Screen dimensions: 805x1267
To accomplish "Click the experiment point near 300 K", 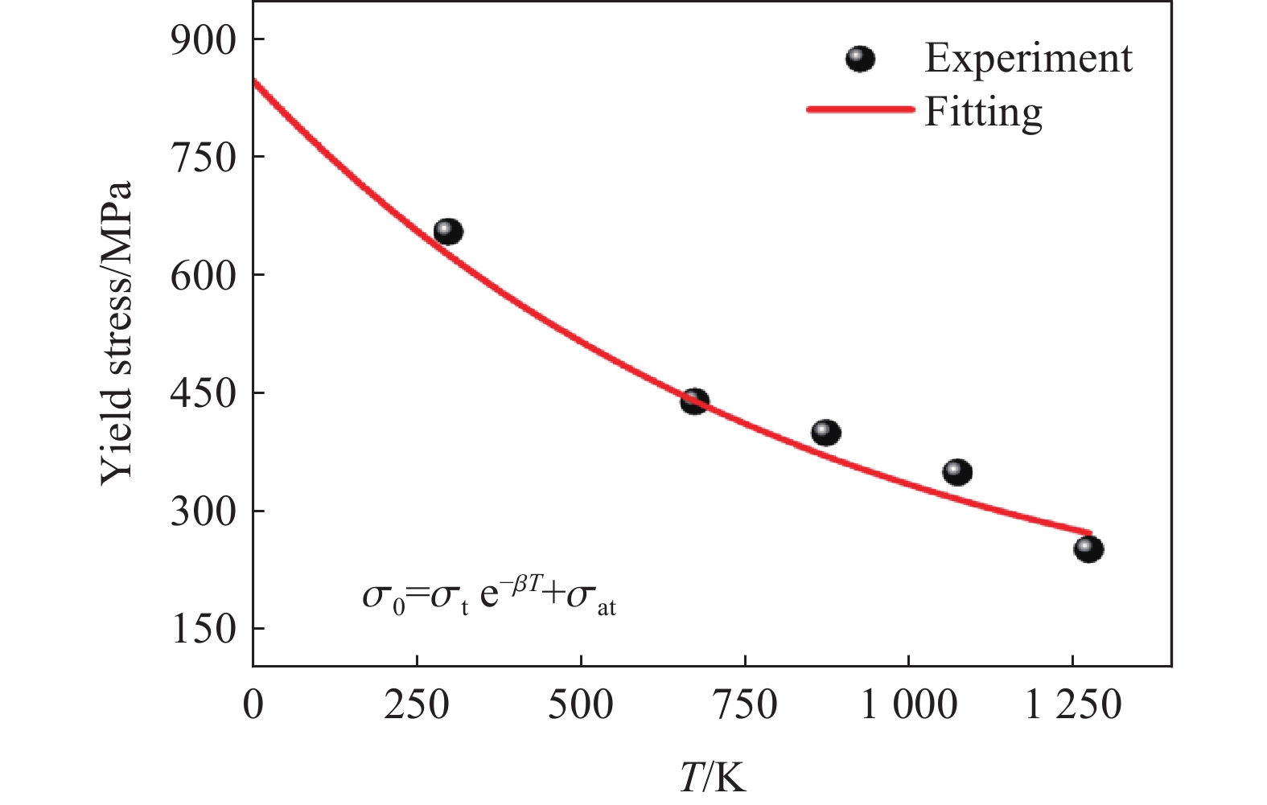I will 448,232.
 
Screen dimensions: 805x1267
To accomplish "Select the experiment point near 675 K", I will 694,401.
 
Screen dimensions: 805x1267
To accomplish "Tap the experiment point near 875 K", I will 826,433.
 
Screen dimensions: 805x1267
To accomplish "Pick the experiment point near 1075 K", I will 957,471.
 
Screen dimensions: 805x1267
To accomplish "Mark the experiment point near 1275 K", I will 1088,549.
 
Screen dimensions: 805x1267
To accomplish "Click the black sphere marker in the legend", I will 860,59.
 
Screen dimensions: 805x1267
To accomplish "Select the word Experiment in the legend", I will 1028,58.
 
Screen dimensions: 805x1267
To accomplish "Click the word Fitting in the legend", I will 983,111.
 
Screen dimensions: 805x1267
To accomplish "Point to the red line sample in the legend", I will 860,109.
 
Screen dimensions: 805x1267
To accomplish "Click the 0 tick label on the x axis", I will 253,705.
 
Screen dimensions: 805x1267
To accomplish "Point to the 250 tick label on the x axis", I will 417,705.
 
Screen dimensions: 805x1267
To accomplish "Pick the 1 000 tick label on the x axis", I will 908,705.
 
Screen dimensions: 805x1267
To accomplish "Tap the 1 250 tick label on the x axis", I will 1072,705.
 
